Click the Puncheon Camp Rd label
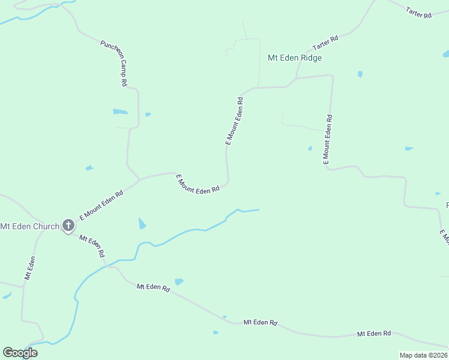point(114,64)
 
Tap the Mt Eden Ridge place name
point(295,58)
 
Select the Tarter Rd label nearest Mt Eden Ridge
point(325,43)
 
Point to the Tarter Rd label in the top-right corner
point(418,12)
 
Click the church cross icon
point(68,226)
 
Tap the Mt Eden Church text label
point(29,226)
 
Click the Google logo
point(20,352)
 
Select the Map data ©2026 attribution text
point(423,355)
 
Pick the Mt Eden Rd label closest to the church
point(92,246)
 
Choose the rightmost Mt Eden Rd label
point(374,333)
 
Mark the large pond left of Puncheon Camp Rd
point(120,112)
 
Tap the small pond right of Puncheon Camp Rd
point(148,114)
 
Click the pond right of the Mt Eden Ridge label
point(360,74)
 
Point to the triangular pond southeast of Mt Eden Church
point(142,224)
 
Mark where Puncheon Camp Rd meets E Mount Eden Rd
point(140,179)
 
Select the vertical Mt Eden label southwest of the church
point(29,268)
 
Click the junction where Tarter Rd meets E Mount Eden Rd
point(296,78)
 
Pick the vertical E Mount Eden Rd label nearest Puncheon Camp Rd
point(234,121)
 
